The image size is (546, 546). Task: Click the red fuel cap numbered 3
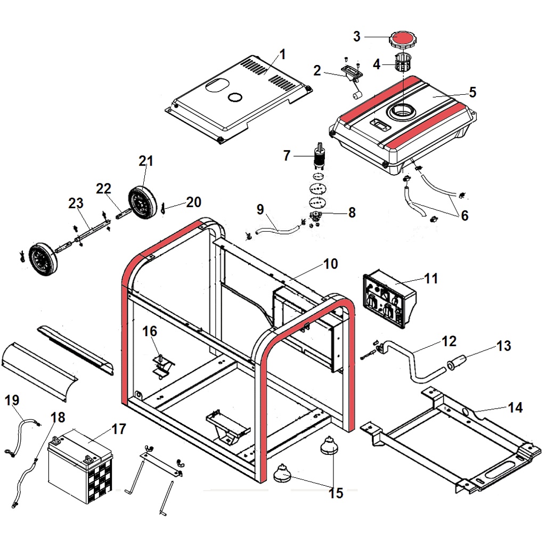pyautogui.click(x=402, y=39)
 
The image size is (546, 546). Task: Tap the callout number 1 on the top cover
pyautogui.click(x=283, y=54)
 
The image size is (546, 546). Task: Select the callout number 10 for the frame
pyautogui.click(x=330, y=264)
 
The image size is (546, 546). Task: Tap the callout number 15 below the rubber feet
pyautogui.click(x=336, y=493)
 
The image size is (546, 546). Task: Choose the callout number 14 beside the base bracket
pyautogui.click(x=515, y=408)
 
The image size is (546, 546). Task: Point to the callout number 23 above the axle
pyautogui.click(x=76, y=203)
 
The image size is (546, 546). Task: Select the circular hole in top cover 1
pyautogui.click(x=234, y=97)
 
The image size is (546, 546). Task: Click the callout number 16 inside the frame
pyautogui.click(x=150, y=331)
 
